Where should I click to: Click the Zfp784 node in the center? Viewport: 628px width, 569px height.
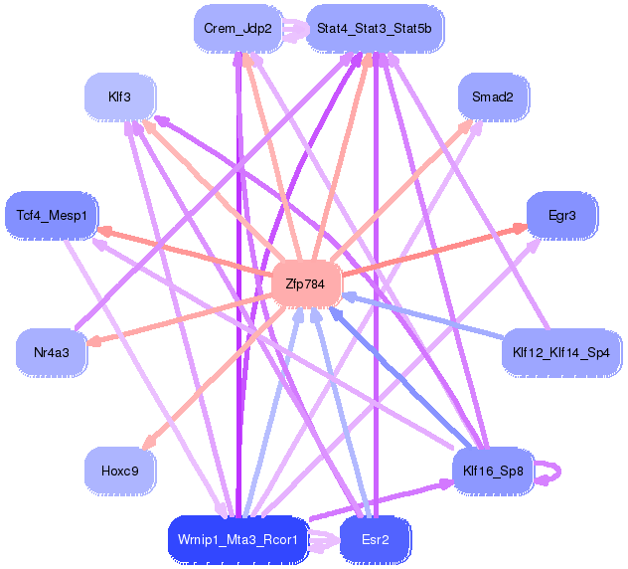pos(306,284)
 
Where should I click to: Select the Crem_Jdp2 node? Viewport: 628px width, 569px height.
pos(237,29)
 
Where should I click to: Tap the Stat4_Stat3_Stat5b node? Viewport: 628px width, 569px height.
pos(375,29)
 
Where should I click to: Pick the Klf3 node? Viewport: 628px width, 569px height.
pos(120,97)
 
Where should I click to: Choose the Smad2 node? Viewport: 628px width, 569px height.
pos(493,97)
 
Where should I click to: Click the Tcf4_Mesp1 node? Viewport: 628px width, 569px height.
pos(52,216)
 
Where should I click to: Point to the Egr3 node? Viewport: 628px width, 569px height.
pos(561,216)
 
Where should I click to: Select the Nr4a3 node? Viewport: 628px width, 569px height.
pos(52,353)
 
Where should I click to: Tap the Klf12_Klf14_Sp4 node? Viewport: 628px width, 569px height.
pos(561,353)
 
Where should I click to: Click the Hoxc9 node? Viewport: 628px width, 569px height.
pos(120,472)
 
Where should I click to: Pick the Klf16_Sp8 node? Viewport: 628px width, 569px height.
pos(493,472)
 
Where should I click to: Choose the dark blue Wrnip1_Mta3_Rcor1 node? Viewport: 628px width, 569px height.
pos(237,540)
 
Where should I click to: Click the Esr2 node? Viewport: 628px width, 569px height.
pos(376,540)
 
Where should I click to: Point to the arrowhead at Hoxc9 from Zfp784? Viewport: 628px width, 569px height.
pos(149,442)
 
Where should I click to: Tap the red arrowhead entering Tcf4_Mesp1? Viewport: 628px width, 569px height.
pos(105,232)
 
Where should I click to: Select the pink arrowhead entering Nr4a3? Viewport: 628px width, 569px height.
pos(94,342)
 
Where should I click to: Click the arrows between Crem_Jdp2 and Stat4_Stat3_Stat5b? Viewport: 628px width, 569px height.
pos(294,29)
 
